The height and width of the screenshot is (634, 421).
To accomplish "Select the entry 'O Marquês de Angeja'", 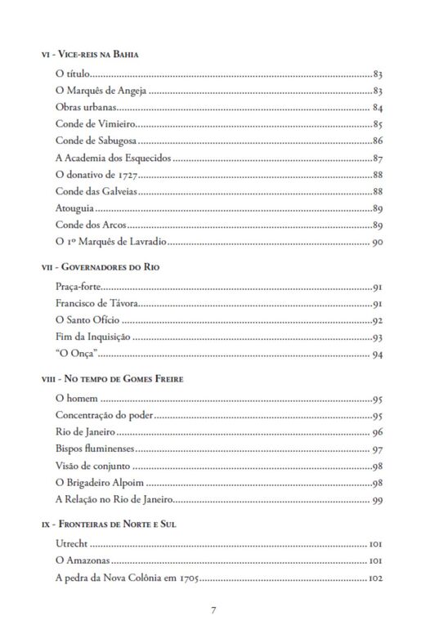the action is coord(101,92).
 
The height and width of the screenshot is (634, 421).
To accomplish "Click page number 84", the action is coord(378,108).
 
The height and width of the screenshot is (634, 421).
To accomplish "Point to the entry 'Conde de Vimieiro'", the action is coord(94,125).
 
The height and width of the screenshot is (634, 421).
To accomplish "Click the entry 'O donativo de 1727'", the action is coord(98,175).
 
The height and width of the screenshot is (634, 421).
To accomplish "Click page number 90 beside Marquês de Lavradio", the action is coord(378,242).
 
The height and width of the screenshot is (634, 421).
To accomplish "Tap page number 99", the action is coord(378,500).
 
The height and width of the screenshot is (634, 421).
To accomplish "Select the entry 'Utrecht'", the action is coord(70,544).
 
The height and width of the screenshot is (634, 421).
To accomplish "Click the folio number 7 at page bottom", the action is coord(213,610).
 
